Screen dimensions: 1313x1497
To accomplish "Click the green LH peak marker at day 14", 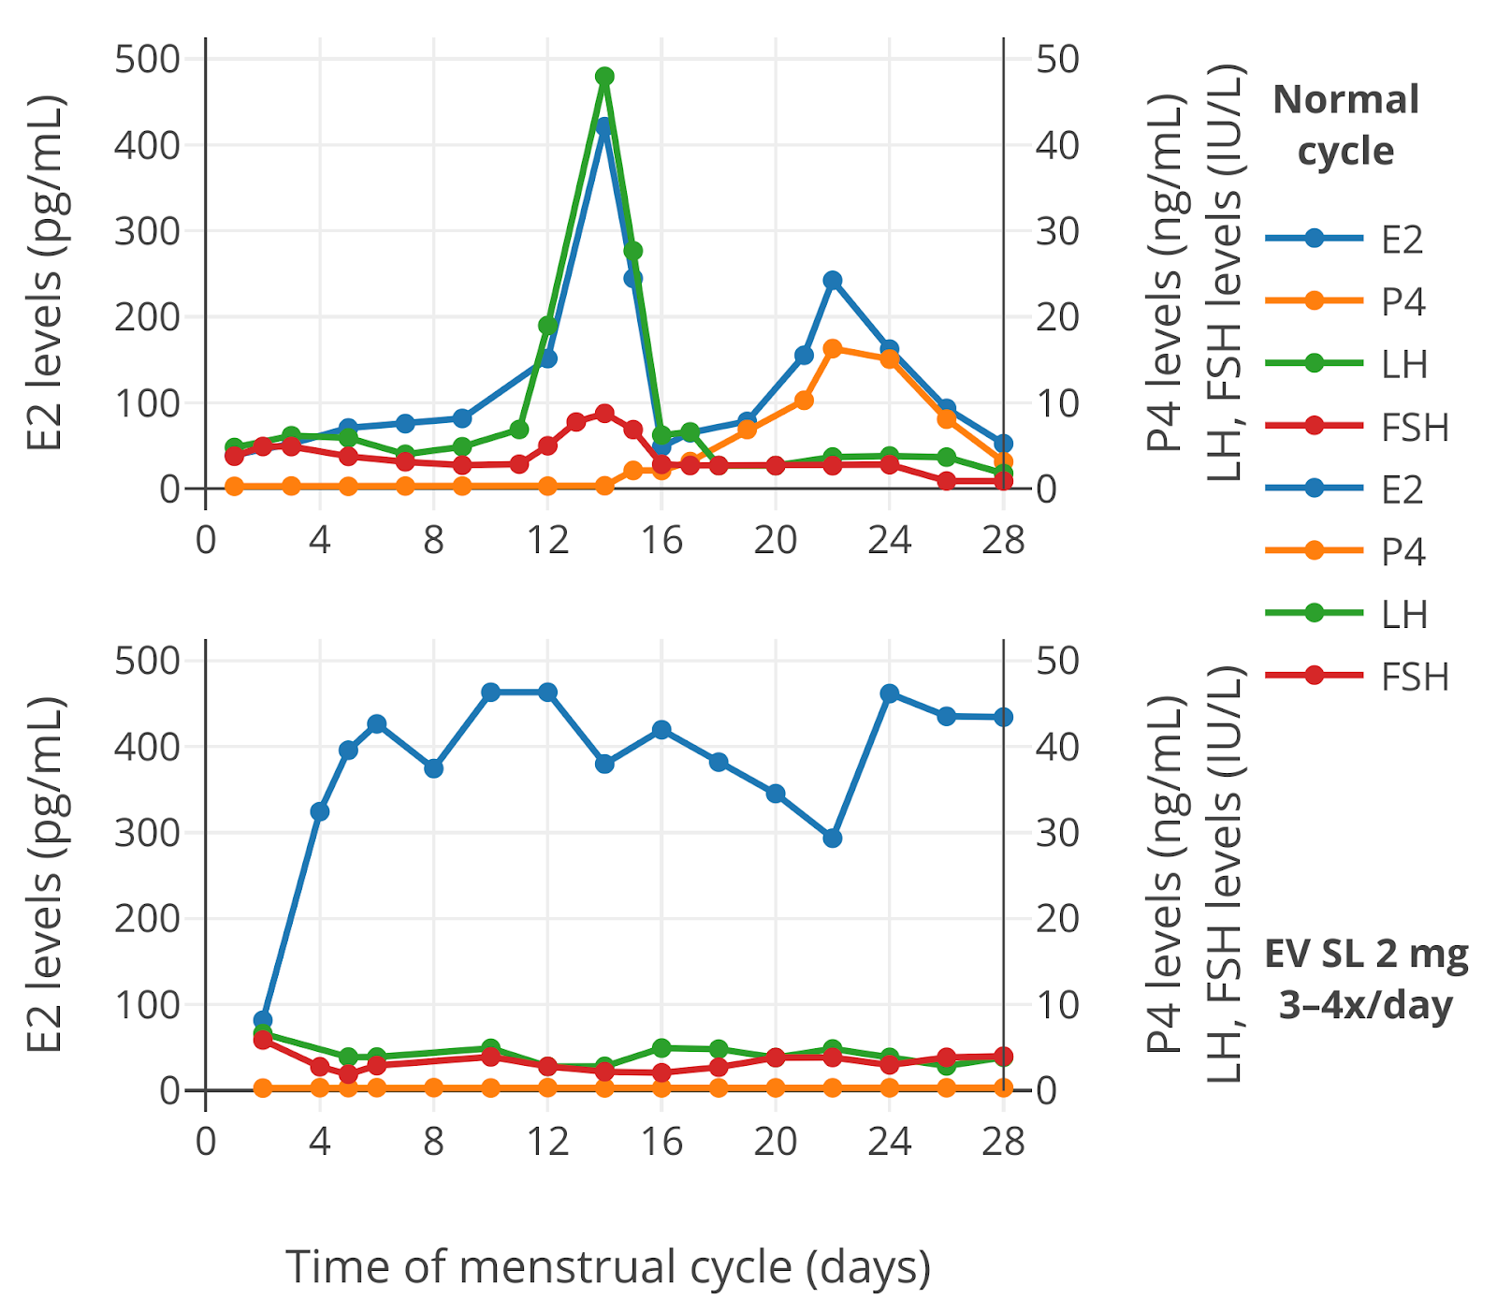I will [604, 76].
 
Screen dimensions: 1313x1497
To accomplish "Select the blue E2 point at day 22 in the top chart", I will [833, 280].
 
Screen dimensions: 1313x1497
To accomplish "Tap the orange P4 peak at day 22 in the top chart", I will [833, 348].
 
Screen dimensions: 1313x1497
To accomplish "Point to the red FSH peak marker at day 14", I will [604, 413].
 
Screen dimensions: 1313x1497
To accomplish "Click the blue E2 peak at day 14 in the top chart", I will [603, 126].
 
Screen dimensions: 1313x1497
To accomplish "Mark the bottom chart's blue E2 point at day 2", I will [263, 1020].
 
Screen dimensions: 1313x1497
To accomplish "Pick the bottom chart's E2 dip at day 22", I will [833, 838].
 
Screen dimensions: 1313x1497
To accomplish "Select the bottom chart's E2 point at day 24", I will [890, 693].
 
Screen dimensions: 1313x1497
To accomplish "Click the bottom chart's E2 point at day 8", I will [434, 767].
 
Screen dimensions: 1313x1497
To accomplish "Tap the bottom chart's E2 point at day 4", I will [320, 811].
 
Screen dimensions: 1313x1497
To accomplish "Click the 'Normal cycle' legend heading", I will [1345, 125].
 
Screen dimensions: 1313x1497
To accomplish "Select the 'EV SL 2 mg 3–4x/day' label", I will [1366, 979].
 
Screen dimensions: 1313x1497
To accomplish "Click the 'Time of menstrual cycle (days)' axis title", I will [608, 1267].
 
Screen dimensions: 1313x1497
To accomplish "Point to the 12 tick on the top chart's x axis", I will [547, 540].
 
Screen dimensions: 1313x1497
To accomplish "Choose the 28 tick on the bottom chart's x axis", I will [1003, 1142].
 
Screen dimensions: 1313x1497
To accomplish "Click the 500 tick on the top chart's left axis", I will [146, 59].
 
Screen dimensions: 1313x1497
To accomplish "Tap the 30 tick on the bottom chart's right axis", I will [1057, 832].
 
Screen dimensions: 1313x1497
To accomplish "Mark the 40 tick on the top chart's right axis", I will [1057, 145].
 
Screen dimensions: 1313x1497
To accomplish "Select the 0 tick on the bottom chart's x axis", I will [206, 1142].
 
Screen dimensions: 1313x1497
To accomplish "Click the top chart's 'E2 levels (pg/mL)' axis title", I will [44, 271].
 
